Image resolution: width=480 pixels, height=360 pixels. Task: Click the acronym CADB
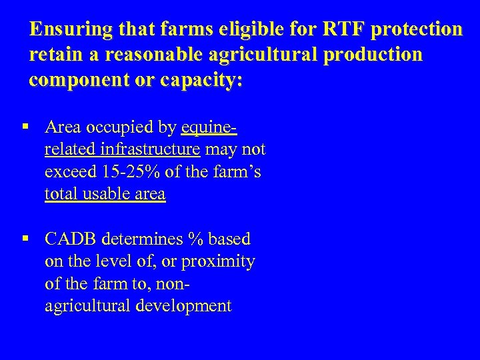(70, 239)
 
